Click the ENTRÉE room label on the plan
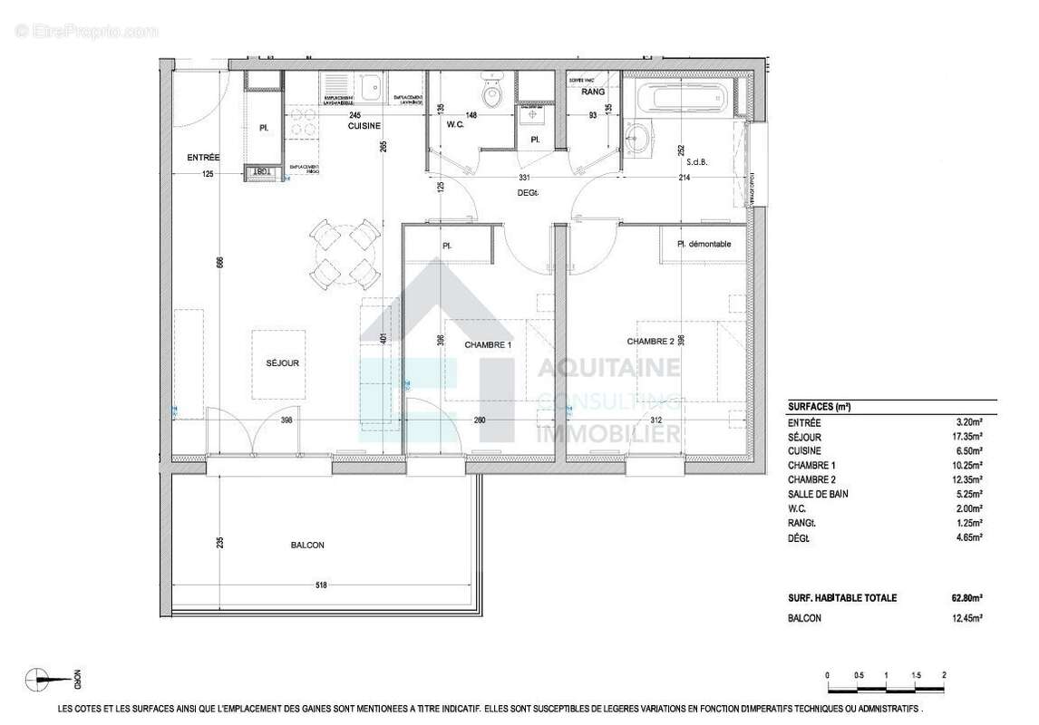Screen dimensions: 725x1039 pyautogui.click(x=203, y=158)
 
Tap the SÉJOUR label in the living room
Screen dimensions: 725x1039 pyautogui.click(x=283, y=363)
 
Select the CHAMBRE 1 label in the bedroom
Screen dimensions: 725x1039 pyautogui.click(x=489, y=345)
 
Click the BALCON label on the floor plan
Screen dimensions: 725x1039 pyautogui.click(x=307, y=546)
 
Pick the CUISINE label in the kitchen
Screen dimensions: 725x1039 pyautogui.click(x=364, y=126)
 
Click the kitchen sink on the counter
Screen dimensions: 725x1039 pyautogui.click(x=370, y=88)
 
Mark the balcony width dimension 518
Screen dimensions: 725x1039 pyautogui.click(x=321, y=586)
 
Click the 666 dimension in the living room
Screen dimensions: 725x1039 pyautogui.click(x=218, y=263)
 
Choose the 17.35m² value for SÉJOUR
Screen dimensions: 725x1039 pyautogui.click(x=967, y=436)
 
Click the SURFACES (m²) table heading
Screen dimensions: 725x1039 pyautogui.click(x=820, y=407)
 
